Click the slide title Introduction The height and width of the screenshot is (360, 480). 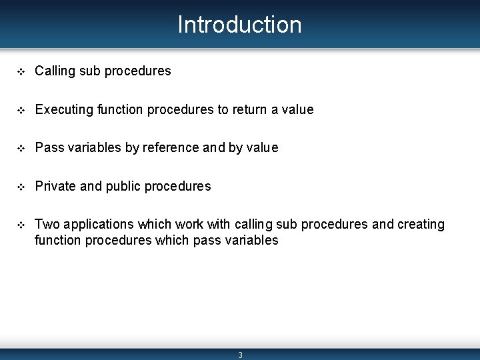tap(239, 25)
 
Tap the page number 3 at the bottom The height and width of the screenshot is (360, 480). tap(240, 355)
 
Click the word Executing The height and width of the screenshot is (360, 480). tap(64, 109)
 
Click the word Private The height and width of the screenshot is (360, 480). tap(55, 186)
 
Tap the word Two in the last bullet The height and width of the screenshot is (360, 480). tap(47, 224)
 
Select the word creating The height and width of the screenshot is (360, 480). tap(421, 225)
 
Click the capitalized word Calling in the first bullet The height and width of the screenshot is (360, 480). tap(55, 71)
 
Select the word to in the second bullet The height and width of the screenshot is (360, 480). tap(223, 109)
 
